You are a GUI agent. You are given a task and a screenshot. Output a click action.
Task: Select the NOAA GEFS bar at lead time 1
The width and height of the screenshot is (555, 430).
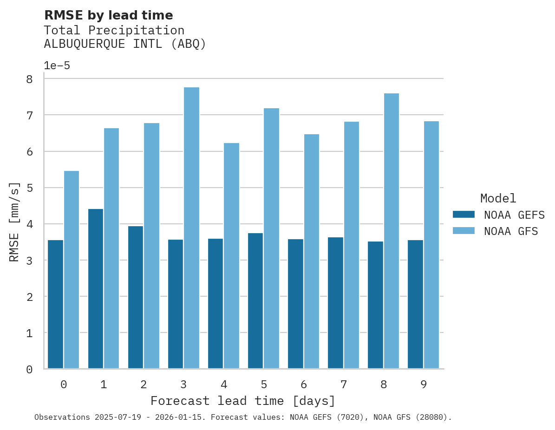(96, 288)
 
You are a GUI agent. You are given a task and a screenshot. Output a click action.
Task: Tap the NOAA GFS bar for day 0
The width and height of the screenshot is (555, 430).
(72, 269)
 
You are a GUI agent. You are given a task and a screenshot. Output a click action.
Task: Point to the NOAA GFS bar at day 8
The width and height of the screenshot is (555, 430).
(391, 231)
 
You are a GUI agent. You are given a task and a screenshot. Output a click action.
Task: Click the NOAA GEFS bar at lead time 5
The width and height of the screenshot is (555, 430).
(255, 300)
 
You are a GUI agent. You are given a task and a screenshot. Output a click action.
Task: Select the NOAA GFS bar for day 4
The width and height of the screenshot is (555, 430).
(231, 255)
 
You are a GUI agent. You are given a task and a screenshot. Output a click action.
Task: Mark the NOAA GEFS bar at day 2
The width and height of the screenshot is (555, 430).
(136, 297)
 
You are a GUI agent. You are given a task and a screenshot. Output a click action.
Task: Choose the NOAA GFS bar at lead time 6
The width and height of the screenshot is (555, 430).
(311, 251)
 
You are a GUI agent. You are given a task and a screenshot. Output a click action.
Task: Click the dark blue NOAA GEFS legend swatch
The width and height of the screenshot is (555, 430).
(464, 215)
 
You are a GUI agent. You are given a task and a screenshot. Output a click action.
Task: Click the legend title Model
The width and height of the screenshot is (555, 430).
(498, 198)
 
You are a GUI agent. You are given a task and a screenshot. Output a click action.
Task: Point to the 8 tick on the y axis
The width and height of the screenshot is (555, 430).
(29, 79)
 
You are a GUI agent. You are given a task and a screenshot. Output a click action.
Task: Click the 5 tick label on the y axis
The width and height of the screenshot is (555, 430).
(29, 188)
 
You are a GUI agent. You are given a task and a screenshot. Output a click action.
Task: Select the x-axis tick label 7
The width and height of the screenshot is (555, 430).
(344, 384)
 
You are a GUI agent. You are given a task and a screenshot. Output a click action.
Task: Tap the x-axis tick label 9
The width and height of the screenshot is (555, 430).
(424, 384)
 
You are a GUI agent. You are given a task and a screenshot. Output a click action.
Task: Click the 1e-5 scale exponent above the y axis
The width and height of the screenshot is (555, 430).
(57, 66)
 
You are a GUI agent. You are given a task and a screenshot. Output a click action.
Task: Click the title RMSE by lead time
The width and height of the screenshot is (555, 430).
(108, 15)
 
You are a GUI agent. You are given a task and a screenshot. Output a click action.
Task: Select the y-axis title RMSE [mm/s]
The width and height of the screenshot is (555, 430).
(15, 222)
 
